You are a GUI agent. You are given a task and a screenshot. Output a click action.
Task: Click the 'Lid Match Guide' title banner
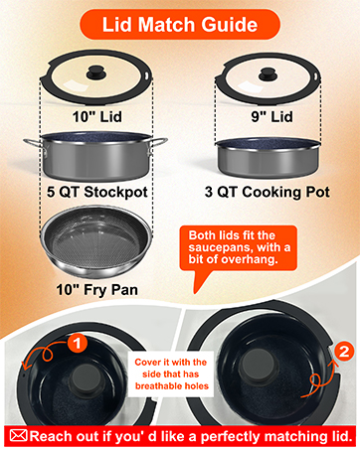click(x=179, y=23)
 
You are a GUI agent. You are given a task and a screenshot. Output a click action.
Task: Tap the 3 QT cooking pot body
click(x=267, y=156)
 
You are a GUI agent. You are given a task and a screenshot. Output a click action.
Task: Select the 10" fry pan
click(x=96, y=242)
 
